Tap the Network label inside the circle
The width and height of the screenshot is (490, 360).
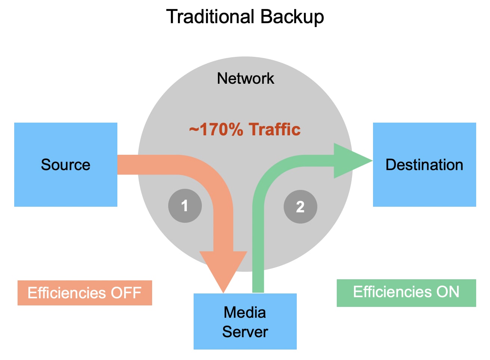click(x=246, y=79)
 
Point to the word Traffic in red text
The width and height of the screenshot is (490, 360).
click(x=275, y=130)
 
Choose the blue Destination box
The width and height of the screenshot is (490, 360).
click(x=424, y=187)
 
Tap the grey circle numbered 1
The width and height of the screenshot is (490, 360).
click(x=185, y=206)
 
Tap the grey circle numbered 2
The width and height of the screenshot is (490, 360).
click(x=300, y=207)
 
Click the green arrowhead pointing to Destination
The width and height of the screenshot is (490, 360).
click(x=349, y=161)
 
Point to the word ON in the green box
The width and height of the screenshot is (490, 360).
click(x=448, y=292)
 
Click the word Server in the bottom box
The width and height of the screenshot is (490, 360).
click(x=245, y=332)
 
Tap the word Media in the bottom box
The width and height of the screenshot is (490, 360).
click(x=245, y=313)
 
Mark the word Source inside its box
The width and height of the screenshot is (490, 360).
click(x=65, y=165)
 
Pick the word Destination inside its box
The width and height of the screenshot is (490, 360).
click(x=424, y=165)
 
